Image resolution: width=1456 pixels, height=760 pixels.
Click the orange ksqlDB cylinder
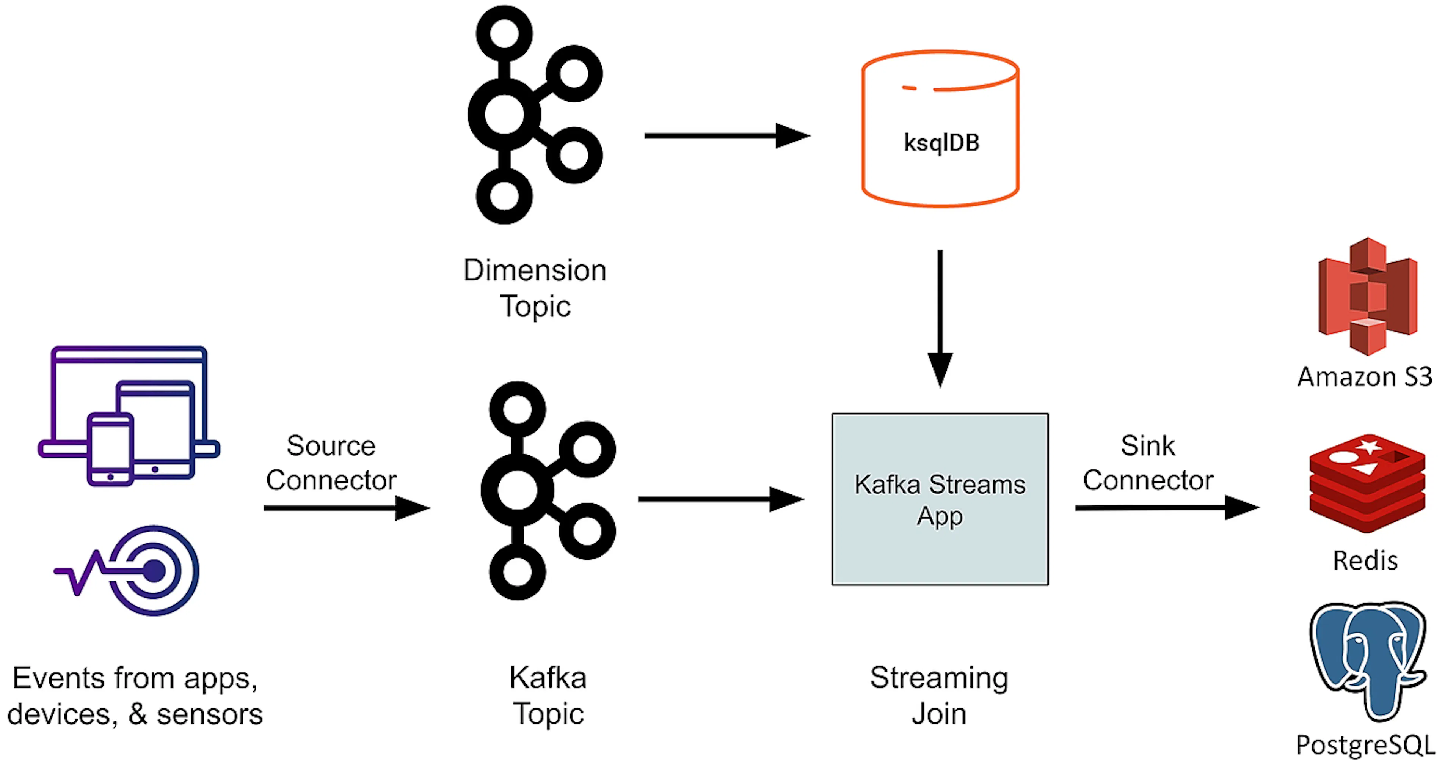[940, 129]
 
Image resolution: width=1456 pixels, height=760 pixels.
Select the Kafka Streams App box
[940, 499]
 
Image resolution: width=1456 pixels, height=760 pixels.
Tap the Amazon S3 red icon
[1367, 296]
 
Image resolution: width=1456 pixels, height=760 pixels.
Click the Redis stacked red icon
[1367, 483]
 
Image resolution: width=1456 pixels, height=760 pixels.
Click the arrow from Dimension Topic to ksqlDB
[726, 136]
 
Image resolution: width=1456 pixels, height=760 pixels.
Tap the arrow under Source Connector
[346, 507]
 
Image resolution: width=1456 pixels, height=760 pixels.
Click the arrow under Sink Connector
[1166, 507]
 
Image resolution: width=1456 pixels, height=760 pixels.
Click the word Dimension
[535, 270]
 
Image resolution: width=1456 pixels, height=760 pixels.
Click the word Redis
[1365, 560]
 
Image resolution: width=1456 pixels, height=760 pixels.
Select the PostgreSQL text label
[1365, 745]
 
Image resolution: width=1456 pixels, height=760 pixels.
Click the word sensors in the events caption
[210, 714]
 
